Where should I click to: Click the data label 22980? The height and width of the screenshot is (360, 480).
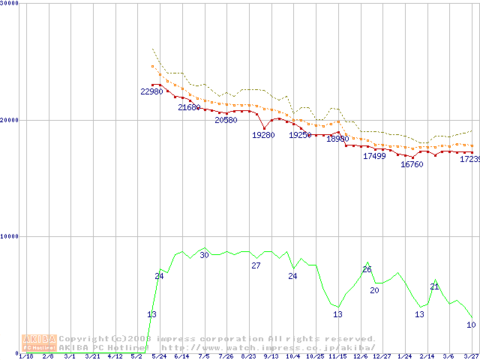point(151,91)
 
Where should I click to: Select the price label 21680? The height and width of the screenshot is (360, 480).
point(189,108)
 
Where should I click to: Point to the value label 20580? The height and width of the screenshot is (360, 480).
point(226,120)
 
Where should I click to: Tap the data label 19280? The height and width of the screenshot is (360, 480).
point(262,135)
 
